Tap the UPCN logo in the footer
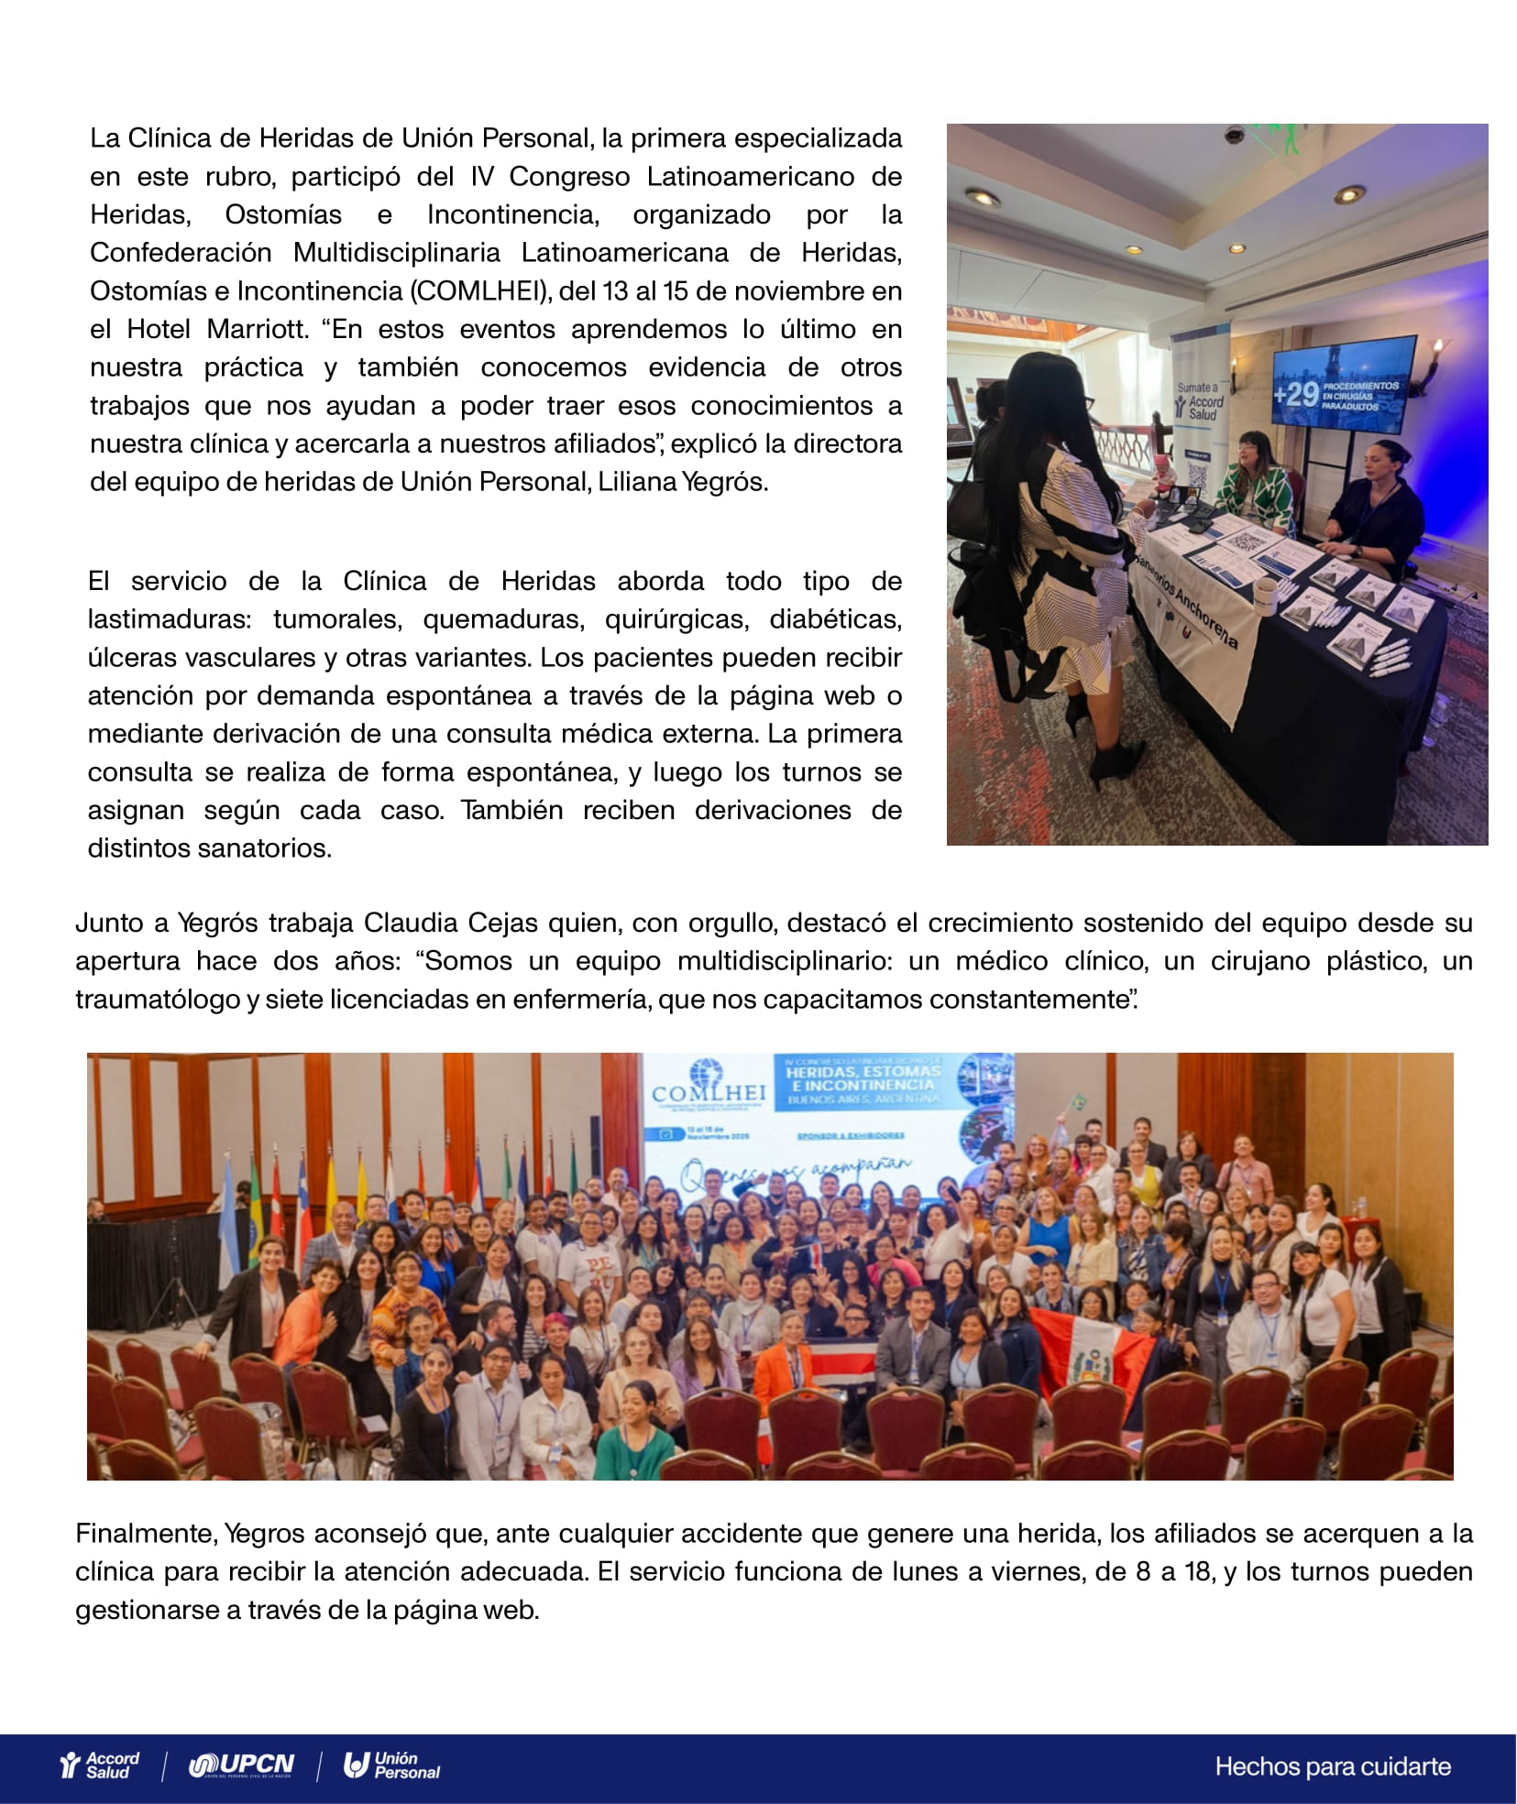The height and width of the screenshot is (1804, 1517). coord(242,1765)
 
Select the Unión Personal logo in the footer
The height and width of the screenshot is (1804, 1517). coord(392,1765)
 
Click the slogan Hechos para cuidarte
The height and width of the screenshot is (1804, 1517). coord(1333,1766)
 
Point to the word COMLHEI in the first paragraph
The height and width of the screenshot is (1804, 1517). coord(478,291)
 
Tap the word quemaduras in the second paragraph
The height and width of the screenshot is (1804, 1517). coord(502,619)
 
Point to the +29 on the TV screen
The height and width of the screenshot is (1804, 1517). coord(1295,395)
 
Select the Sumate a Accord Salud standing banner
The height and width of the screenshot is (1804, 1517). coord(1199,412)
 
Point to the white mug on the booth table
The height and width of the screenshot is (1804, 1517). coord(1266,596)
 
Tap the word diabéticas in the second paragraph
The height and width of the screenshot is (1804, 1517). coord(835,619)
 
